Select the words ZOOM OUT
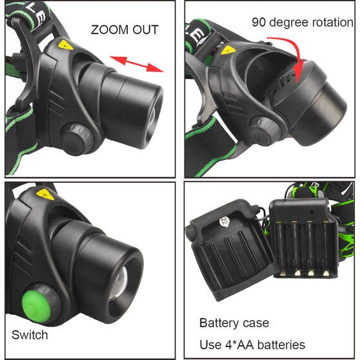(x=124, y=30)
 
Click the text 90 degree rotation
(x=302, y=23)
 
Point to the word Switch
(x=30, y=335)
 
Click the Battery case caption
(x=234, y=323)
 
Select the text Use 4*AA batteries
(x=252, y=345)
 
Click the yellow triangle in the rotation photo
(x=227, y=49)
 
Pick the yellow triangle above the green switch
(x=45, y=194)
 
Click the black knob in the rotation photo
(x=263, y=134)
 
